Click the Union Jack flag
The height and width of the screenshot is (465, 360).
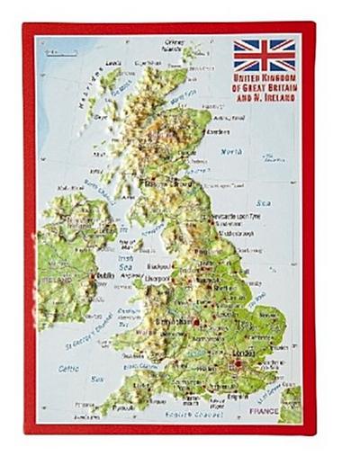[x=265, y=55]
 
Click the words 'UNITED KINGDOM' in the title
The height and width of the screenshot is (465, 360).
[x=265, y=79]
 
